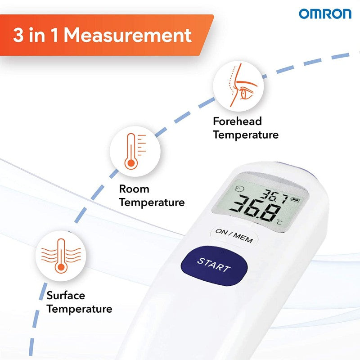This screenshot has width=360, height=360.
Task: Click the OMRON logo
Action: [325, 14]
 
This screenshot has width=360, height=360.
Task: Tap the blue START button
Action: [214, 266]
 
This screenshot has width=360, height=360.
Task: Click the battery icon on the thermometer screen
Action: [295, 199]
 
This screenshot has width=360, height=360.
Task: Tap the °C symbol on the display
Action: [279, 222]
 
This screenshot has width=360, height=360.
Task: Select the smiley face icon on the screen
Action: [239, 189]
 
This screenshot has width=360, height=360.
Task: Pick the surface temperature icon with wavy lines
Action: [61, 256]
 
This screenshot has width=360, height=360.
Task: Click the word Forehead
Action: [238, 121]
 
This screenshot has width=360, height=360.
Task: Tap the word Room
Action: [134, 189]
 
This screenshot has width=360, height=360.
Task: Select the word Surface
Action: [66, 295]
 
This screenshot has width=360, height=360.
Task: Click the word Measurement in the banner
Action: [128, 35]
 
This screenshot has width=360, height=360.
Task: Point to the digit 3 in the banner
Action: [18, 35]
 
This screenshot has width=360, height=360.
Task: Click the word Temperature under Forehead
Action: [246, 135]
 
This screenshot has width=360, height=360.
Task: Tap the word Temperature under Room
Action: [152, 202]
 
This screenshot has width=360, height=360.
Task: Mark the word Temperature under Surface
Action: [80, 309]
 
